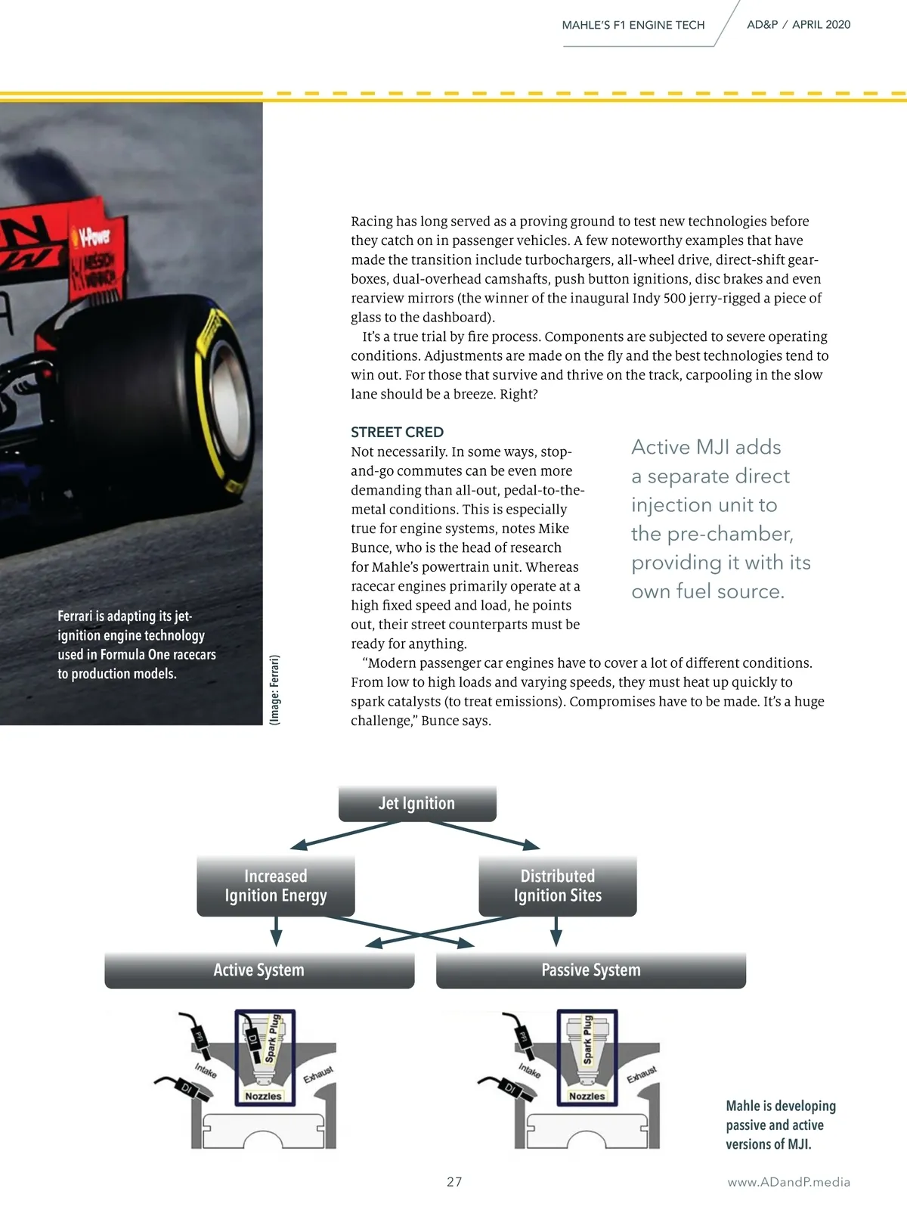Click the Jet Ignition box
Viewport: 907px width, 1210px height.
(x=417, y=803)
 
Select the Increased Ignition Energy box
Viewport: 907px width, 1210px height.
(x=276, y=886)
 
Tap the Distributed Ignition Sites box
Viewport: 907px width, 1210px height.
(x=558, y=886)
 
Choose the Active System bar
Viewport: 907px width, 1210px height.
(x=259, y=970)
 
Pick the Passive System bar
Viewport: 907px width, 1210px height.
(x=591, y=970)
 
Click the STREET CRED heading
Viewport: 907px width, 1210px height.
(x=397, y=432)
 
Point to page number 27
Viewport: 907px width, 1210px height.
(x=454, y=1182)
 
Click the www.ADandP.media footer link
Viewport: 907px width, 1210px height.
(x=788, y=1182)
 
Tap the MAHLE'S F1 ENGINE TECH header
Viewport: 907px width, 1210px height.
(x=633, y=25)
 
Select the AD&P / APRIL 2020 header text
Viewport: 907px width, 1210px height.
(x=798, y=24)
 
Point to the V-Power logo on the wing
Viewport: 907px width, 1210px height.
(x=94, y=237)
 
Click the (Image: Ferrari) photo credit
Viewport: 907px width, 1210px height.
(x=274, y=690)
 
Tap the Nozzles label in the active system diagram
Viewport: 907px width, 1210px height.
(x=263, y=1096)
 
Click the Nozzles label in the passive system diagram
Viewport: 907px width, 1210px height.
(x=587, y=1096)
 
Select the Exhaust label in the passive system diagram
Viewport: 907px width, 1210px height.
(x=642, y=1074)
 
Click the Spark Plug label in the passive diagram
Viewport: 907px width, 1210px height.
(x=587, y=1040)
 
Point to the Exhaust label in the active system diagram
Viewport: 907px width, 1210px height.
(x=318, y=1074)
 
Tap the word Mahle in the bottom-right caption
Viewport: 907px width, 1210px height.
(x=744, y=1106)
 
